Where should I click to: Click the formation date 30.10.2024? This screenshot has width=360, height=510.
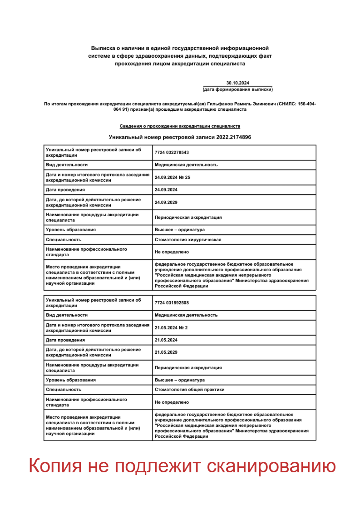point(238,83)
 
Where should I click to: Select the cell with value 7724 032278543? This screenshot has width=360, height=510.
point(172,153)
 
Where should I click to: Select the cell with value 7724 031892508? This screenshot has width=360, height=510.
point(172,303)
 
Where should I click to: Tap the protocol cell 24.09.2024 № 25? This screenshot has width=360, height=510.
point(173,177)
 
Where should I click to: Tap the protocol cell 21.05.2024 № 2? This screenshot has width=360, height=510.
point(171,327)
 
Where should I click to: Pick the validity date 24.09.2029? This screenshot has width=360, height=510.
point(166,202)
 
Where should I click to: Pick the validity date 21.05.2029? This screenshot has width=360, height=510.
point(166,352)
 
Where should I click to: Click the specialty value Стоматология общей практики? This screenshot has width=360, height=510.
point(189,390)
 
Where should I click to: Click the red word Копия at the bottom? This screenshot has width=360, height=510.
point(55,466)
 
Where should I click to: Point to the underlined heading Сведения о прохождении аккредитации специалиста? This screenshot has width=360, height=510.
point(180,126)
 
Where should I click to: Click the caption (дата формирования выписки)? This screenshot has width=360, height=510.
point(238,89)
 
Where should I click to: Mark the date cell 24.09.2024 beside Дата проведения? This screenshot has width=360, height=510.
point(166,189)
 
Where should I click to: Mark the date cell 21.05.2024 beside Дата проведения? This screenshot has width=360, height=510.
point(166,340)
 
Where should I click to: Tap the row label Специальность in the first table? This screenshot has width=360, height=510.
point(64,239)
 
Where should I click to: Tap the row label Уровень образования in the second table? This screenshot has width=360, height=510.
point(71,380)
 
